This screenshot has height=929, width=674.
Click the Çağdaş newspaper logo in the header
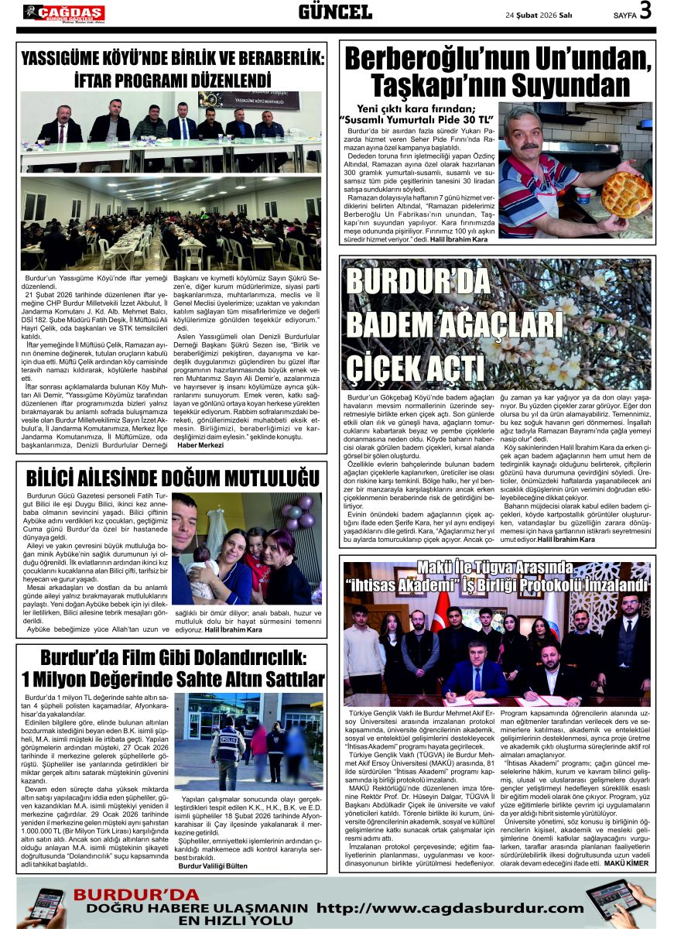point(63,12)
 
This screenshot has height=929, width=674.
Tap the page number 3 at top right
point(645,12)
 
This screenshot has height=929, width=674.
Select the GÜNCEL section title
point(335,12)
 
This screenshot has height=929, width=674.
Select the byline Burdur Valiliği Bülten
point(213,866)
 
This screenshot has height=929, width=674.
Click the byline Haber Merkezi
point(200,444)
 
